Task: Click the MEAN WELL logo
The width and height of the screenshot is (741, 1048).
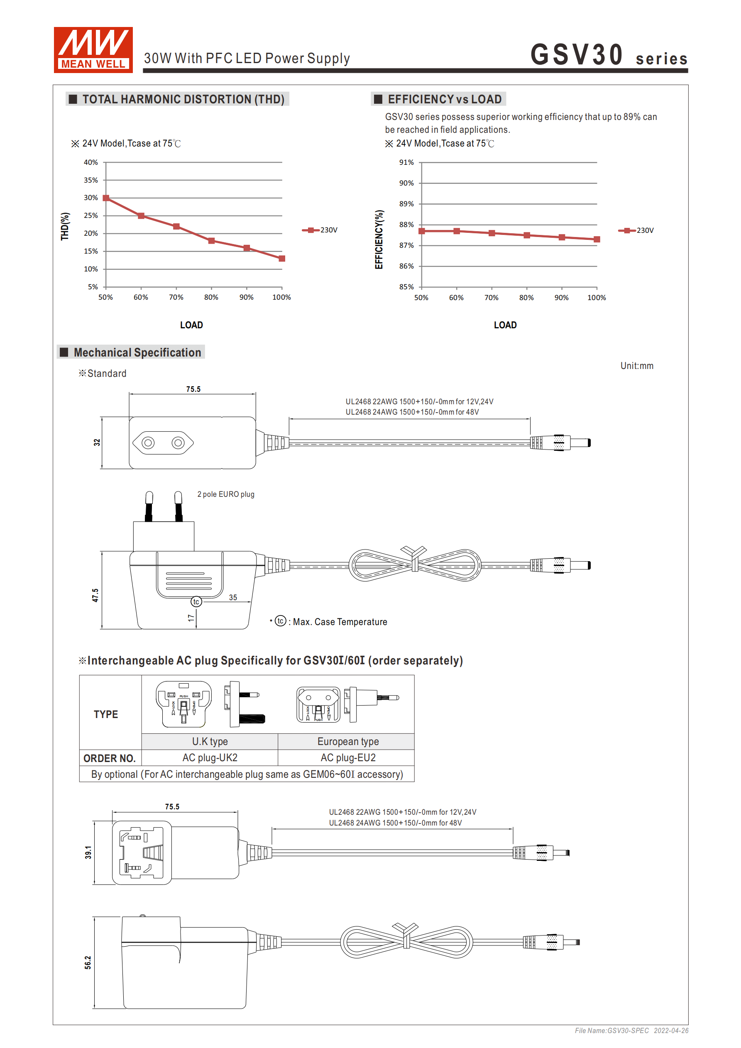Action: point(93,50)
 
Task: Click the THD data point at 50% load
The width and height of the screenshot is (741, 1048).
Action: point(106,198)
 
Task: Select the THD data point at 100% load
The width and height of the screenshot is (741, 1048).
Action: point(282,258)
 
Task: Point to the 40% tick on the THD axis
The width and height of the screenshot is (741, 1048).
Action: point(91,163)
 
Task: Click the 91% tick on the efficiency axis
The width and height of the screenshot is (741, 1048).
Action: point(406,163)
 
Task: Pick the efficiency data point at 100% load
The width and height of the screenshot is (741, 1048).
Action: point(596,239)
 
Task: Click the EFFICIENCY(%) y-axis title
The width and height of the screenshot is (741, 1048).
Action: point(379,239)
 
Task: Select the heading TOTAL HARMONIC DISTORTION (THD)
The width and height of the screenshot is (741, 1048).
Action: point(183,100)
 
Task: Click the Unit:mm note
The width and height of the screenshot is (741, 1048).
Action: point(636,366)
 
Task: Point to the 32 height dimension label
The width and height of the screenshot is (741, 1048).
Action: point(97,442)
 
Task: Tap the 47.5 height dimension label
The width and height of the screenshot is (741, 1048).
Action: point(95,595)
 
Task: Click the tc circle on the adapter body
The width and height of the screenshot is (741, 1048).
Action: point(196,601)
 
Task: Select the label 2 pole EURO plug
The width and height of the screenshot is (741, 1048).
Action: point(225,494)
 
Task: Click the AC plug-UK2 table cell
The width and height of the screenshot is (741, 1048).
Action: point(210,758)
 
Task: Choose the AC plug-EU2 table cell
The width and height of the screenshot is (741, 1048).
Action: point(348,758)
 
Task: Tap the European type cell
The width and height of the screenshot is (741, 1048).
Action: point(348,741)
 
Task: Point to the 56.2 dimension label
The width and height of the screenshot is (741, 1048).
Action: point(88,962)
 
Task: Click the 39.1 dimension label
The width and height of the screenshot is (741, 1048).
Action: point(88,852)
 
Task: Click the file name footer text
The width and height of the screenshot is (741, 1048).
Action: point(631,1031)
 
